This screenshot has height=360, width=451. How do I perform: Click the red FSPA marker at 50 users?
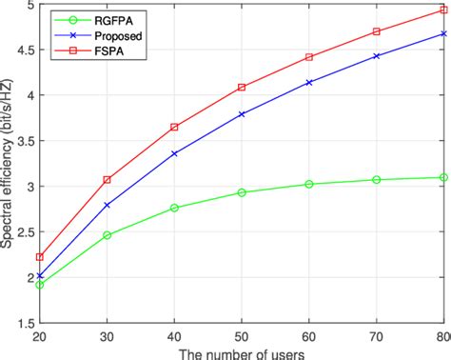[242, 87]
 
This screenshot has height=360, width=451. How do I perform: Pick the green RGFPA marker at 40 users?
[174, 208]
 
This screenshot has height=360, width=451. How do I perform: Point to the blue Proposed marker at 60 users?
[309, 83]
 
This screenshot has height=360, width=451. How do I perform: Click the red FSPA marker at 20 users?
[39, 257]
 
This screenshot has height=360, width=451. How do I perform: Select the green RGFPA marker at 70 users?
[377, 179]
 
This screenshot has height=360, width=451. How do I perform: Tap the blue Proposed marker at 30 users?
[107, 205]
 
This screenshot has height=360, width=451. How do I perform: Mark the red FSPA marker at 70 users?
[377, 31]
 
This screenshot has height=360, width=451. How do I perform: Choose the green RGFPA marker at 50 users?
[242, 192]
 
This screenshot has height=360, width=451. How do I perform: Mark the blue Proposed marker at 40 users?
[174, 152]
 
